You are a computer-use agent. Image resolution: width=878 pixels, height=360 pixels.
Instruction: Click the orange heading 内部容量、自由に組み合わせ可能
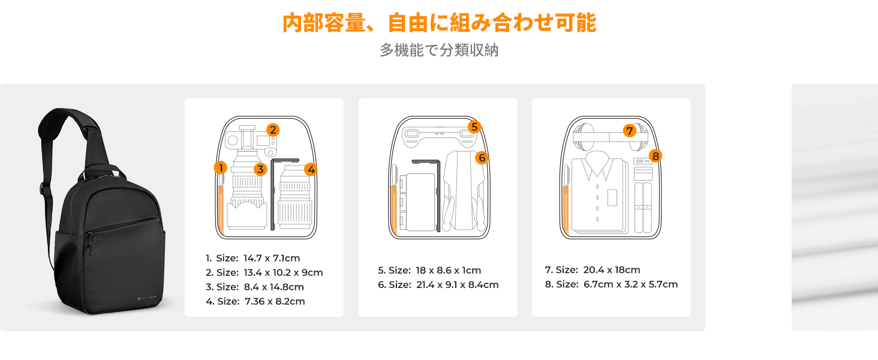(x=439, y=23)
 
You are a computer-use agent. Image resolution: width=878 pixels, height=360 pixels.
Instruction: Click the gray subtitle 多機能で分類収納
(x=439, y=50)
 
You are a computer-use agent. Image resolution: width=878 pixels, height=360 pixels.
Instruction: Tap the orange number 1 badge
(x=221, y=168)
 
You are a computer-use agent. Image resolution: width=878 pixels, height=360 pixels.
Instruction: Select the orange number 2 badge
(x=273, y=130)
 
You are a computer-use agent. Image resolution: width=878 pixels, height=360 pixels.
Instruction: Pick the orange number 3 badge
(x=260, y=169)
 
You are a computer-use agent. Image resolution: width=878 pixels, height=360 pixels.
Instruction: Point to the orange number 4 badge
(x=311, y=169)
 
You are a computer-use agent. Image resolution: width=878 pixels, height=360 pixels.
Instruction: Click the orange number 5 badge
(x=474, y=127)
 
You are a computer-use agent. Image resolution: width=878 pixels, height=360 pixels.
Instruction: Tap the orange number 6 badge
(x=482, y=158)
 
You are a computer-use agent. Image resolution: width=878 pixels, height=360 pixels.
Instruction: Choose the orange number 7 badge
(x=630, y=131)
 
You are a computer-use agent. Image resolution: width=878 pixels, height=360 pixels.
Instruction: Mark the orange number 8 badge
(x=656, y=155)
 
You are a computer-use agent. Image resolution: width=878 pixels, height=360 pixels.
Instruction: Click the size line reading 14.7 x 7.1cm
(x=253, y=258)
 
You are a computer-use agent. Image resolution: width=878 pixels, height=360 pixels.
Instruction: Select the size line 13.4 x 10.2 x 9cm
(x=264, y=272)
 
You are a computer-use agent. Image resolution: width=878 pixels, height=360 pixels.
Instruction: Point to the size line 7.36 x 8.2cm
(x=255, y=301)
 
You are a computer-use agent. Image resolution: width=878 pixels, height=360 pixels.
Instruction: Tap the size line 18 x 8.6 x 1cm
(x=429, y=270)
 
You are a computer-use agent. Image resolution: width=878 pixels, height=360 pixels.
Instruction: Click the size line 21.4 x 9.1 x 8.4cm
(x=438, y=285)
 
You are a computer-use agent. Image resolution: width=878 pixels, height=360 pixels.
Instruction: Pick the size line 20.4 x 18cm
(x=593, y=270)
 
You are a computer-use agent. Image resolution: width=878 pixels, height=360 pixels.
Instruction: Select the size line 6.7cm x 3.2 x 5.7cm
(x=611, y=284)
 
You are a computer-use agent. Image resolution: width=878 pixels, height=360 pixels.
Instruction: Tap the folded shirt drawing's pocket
(x=612, y=197)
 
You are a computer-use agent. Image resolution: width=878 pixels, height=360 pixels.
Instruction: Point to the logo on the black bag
(x=148, y=298)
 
